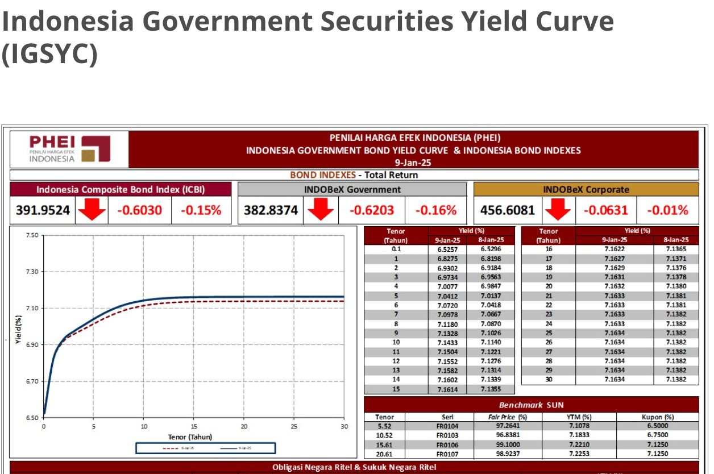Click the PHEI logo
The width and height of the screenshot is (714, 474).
click(x=69, y=149)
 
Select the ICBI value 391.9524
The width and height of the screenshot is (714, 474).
click(x=43, y=210)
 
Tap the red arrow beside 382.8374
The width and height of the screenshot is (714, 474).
click(x=321, y=211)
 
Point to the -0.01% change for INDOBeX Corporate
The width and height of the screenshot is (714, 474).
click(x=667, y=210)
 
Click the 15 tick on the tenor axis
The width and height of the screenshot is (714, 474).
click(x=194, y=426)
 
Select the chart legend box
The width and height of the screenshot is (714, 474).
click(x=205, y=448)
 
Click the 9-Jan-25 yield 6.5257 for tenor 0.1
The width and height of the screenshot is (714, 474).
click(x=447, y=249)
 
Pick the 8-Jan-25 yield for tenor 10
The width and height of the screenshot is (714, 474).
click(x=490, y=343)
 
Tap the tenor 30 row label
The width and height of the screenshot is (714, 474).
click(x=549, y=380)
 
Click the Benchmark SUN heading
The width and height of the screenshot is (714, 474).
click(x=531, y=405)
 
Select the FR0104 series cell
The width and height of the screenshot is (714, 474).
click(x=447, y=426)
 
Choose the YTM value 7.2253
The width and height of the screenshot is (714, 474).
click(x=579, y=454)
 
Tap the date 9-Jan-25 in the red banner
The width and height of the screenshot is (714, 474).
click(x=414, y=163)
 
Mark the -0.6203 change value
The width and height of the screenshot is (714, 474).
click(x=371, y=210)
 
